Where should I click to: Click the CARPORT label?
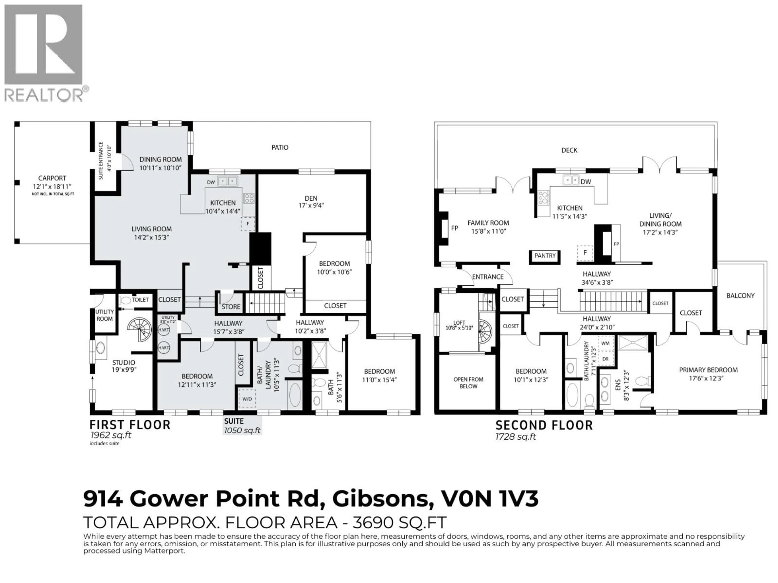click(52, 178)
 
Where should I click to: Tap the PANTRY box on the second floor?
click(545, 256)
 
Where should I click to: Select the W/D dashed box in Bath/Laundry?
click(247, 399)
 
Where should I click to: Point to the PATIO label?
click(280, 148)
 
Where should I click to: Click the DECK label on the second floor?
click(569, 150)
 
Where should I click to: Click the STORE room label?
click(231, 307)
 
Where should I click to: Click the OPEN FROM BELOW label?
click(468, 383)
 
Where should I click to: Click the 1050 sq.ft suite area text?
click(242, 431)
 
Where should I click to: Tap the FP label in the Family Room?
click(454, 228)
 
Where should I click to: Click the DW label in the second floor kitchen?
click(586, 182)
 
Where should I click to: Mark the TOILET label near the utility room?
click(140, 300)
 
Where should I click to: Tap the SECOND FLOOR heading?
click(544, 426)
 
